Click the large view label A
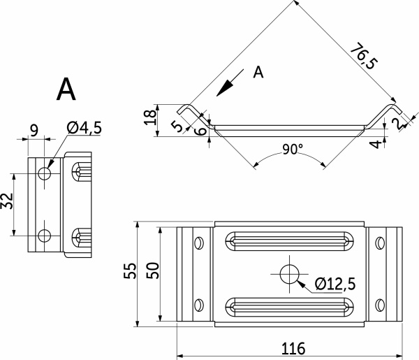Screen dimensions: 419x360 [x=66, y=89]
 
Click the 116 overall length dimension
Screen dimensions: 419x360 [x=293, y=348]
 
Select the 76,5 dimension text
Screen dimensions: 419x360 [x=364, y=56]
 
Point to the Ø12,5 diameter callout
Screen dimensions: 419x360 [x=335, y=284]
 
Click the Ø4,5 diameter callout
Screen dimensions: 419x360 [x=84, y=128]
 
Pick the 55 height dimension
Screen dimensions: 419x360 [x=130, y=271]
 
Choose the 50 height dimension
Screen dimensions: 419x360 [x=153, y=271]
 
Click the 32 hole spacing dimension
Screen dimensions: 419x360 [x=7, y=201]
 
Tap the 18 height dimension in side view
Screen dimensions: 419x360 [x=150, y=117]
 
